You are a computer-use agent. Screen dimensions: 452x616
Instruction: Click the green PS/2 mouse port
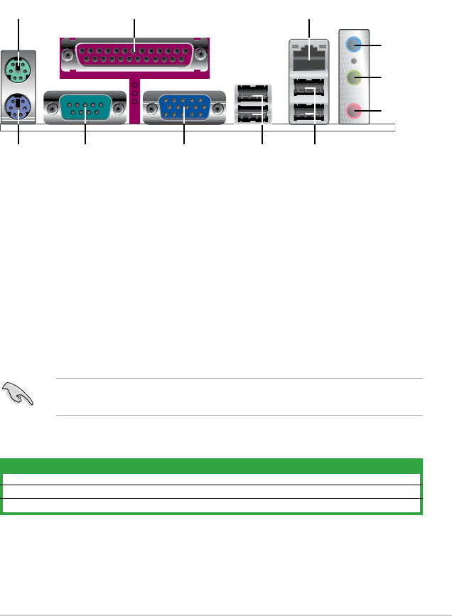[x=18, y=70]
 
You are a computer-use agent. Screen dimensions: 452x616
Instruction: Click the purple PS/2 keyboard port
[x=18, y=108]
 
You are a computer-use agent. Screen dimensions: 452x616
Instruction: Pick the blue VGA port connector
[x=183, y=109]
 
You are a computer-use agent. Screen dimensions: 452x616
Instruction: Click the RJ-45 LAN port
[x=310, y=53]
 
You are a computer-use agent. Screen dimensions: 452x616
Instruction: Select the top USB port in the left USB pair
[x=253, y=93]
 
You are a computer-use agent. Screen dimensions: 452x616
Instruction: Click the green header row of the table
[x=212, y=466]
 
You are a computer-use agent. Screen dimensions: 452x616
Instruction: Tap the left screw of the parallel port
[x=68, y=53]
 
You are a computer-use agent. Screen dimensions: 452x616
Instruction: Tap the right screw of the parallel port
[x=201, y=53]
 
